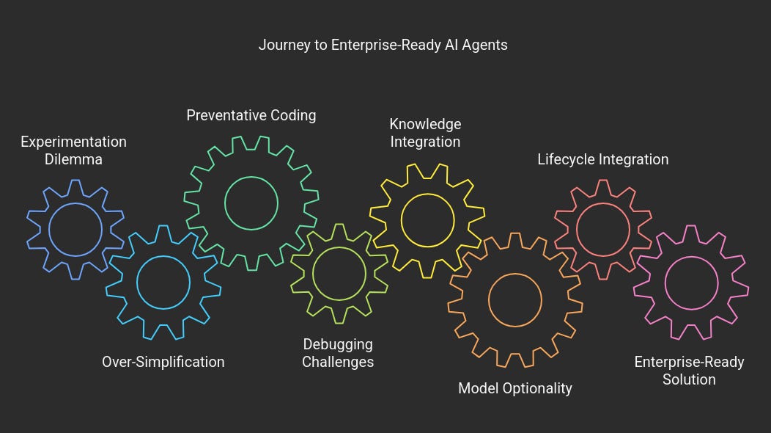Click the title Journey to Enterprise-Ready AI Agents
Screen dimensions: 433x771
[x=383, y=45]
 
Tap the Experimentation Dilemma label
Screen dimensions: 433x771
[x=73, y=150]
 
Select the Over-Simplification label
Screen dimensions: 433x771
[x=163, y=362]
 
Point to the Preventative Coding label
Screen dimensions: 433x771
[x=251, y=115]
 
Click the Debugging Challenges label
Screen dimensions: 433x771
[x=338, y=353]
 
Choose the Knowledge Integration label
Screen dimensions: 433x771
[x=425, y=133]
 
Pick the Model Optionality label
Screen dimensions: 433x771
[x=514, y=388]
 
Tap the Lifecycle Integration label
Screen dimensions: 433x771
[x=602, y=159]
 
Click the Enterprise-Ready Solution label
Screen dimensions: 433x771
[x=689, y=371]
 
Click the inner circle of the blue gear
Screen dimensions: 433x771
[x=75, y=230]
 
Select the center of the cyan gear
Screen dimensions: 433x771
[x=163, y=283]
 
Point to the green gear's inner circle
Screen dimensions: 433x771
[x=251, y=203]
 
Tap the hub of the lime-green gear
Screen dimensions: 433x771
[x=339, y=273]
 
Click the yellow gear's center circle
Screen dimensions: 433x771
[x=427, y=219]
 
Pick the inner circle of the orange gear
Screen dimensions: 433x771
[x=514, y=300]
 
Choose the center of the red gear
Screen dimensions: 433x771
[x=602, y=229]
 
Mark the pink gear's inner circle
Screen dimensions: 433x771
[x=690, y=283]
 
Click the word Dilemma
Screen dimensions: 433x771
[x=73, y=159]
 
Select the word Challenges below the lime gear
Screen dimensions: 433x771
[x=338, y=362]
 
